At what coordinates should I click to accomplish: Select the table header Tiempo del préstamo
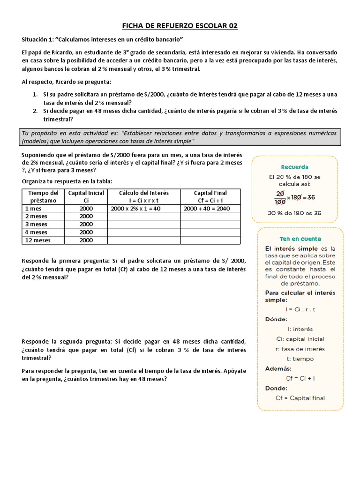pos(43,196)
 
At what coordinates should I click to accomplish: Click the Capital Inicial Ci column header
pos(86,196)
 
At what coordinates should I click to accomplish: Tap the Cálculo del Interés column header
pos(144,196)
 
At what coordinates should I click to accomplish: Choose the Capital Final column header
pos(210,196)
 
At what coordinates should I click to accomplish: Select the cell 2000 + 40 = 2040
pos(207,208)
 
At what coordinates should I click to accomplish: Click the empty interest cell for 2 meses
pos(144,216)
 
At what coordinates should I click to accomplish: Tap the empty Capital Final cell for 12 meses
pos(210,240)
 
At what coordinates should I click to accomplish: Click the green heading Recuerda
pos(294,166)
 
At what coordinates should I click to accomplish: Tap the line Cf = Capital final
pos(300,398)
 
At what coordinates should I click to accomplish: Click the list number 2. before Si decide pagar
pos(35,111)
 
